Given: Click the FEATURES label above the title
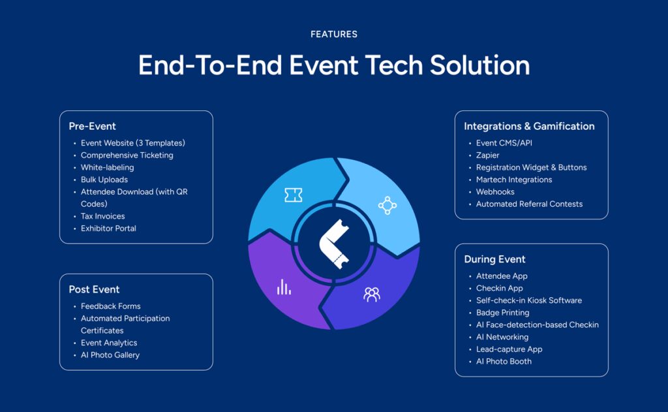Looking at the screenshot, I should (x=333, y=34).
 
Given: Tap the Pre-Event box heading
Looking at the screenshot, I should (x=92, y=126).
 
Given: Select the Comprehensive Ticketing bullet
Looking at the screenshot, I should (x=127, y=155).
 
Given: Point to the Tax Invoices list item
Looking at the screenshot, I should (x=102, y=216).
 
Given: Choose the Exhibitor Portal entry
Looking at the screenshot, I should (x=108, y=229).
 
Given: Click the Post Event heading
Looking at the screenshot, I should (x=94, y=289).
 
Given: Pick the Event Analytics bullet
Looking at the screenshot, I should (x=108, y=343).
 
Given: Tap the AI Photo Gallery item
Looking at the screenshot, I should (x=110, y=355).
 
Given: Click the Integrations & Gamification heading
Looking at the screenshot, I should (x=529, y=126).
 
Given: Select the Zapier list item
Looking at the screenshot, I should (x=487, y=155).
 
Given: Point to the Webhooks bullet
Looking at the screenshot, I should (x=495, y=192).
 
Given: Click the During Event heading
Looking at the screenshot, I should (x=494, y=259).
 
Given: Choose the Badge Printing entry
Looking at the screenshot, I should (x=502, y=313).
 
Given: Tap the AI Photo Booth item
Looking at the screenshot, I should (x=504, y=361).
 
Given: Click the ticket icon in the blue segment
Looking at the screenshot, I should (x=293, y=195).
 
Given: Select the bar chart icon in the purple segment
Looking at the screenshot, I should (x=284, y=287).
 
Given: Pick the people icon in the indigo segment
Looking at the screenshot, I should (x=372, y=294).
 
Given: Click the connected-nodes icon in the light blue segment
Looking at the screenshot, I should (x=387, y=206).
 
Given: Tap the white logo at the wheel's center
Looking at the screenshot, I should (x=334, y=243).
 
